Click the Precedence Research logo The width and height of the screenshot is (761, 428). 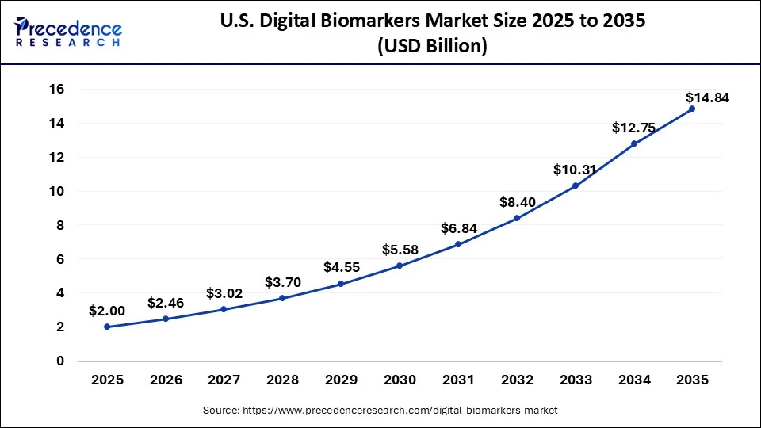(68, 31)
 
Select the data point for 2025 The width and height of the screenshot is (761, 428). (107, 327)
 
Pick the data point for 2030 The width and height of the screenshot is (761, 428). (400, 266)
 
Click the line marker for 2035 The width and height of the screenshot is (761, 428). (692, 109)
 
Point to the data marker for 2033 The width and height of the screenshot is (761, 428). (575, 185)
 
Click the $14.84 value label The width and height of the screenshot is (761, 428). (707, 98)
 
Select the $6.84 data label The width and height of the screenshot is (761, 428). (459, 228)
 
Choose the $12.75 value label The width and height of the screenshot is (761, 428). (633, 128)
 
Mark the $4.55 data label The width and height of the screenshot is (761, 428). (342, 267)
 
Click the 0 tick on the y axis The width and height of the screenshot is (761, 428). (59, 361)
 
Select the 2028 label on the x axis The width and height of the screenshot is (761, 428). (282, 380)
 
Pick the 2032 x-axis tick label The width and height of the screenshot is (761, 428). (516, 380)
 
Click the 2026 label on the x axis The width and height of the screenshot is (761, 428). (166, 380)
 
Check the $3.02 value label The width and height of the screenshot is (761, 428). (224, 293)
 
